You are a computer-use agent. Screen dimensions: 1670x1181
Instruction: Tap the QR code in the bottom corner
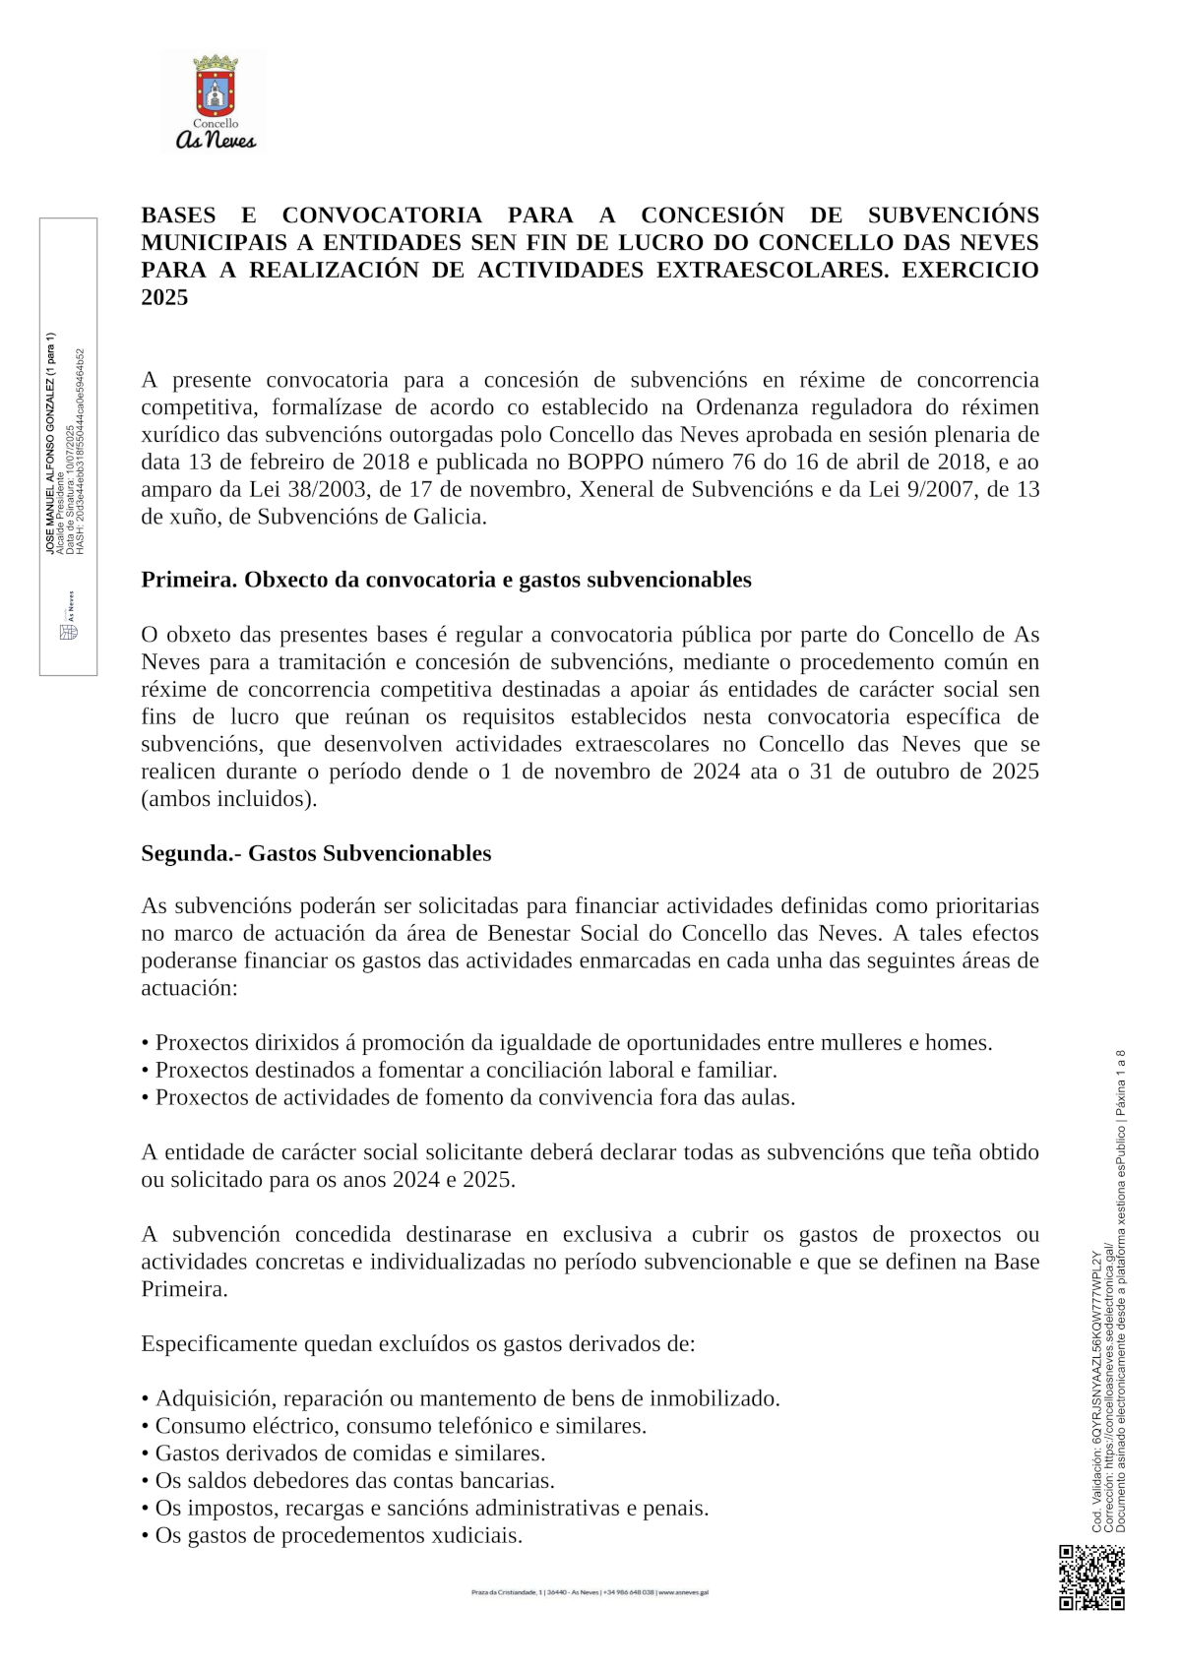tap(1091, 1577)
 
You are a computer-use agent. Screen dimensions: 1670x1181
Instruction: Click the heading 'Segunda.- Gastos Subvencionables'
tap(316, 853)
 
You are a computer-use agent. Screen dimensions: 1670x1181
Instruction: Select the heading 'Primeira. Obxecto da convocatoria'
tap(446, 580)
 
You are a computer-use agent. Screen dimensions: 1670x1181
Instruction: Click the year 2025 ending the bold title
tap(164, 297)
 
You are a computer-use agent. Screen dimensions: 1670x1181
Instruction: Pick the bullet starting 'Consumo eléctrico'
tap(401, 1426)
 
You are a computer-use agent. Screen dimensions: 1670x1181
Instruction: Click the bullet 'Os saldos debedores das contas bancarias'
tap(354, 1481)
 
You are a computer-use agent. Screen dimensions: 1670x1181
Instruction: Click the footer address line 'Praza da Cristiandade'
tap(590, 1591)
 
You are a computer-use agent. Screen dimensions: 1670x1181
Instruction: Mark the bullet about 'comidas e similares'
tap(349, 1454)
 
